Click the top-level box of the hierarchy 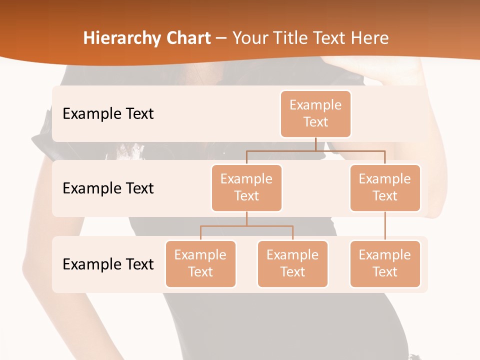click(x=315, y=113)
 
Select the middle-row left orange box click(x=246, y=187)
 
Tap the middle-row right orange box click(x=385, y=187)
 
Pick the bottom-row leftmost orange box click(x=200, y=263)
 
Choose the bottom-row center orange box click(x=292, y=263)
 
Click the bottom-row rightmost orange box click(x=385, y=263)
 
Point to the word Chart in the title click(x=186, y=38)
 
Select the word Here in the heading click(x=370, y=38)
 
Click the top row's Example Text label click(x=108, y=114)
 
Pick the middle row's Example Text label click(x=108, y=188)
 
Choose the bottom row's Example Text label click(x=108, y=264)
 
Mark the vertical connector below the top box click(x=315, y=144)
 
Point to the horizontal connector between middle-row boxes click(x=315, y=150)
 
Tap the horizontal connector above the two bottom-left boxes click(x=246, y=226)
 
